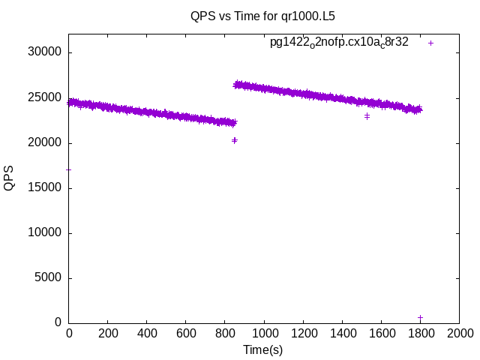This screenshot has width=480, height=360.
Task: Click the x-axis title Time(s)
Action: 262,349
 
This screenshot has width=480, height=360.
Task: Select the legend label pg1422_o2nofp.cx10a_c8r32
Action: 339,43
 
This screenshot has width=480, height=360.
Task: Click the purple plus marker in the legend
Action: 431,43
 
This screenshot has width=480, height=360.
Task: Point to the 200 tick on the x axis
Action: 108,333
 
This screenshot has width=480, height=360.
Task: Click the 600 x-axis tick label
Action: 186,333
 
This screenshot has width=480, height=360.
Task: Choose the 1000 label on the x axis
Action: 264,333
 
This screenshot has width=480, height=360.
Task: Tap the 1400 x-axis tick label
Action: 342,333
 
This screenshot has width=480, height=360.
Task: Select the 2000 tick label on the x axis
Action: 459,333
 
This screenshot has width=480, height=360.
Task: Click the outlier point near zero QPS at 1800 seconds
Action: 420,317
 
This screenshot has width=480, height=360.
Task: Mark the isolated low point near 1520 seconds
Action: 367,116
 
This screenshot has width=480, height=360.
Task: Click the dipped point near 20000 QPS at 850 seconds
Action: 235,140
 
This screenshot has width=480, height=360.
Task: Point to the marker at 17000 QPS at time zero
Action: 69,169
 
